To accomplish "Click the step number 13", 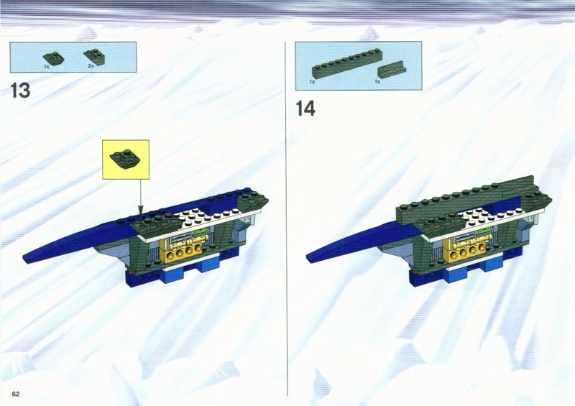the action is pyautogui.click(x=20, y=91).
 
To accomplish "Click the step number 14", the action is pyautogui.click(x=305, y=109).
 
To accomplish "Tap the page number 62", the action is pyautogui.click(x=15, y=394).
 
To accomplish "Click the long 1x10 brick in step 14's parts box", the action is pyautogui.click(x=347, y=65).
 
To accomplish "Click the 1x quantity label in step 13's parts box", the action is pyautogui.click(x=47, y=66).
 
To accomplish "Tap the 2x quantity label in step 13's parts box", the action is pyautogui.click(x=91, y=66).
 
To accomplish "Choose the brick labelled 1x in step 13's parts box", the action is pyautogui.click(x=53, y=58).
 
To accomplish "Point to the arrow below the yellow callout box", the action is pyautogui.click(x=140, y=198).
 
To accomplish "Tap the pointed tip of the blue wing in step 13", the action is pyautogui.click(x=24, y=259).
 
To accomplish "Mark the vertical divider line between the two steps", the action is pyautogui.click(x=285, y=218).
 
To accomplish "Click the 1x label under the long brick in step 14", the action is pyautogui.click(x=312, y=82).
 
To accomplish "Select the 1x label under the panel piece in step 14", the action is pyautogui.click(x=377, y=81).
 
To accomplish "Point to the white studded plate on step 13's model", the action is pyautogui.click(x=198, y=218).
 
